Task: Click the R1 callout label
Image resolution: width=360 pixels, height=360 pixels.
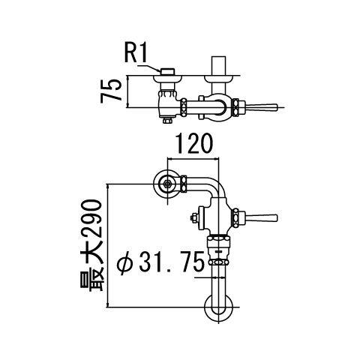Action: [x=136, y=53]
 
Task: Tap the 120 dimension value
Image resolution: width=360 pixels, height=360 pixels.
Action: [x=194, y=144]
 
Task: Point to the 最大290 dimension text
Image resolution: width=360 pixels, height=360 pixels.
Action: [x=91, y=245]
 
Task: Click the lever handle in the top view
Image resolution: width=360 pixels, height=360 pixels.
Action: [x=262, y=107]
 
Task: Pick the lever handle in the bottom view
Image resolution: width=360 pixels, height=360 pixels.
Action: [x=262, y=218]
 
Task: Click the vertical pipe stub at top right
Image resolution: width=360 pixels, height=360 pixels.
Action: [x=219, y=65]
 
